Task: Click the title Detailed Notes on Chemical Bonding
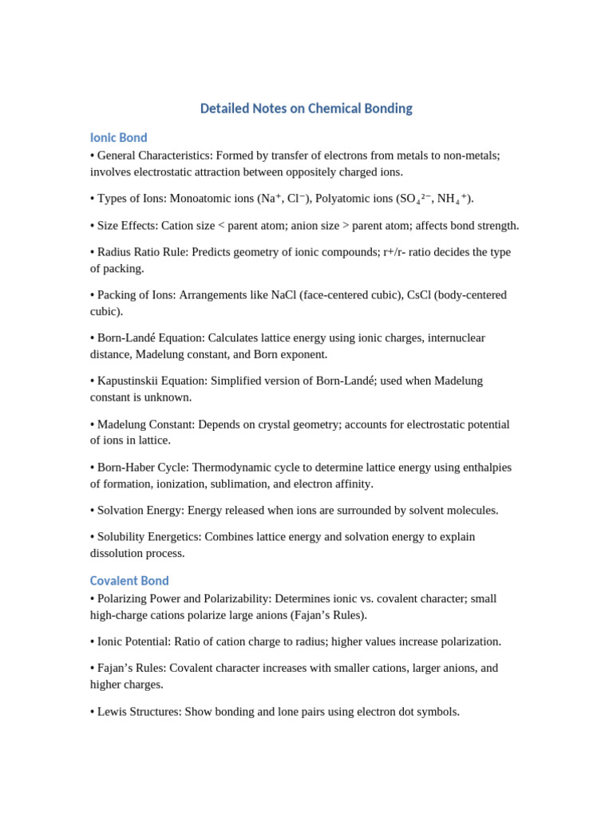pos(306,109)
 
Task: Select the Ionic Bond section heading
pos(118,138)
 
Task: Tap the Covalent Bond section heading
pos(129,581)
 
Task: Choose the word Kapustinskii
pos(129,381)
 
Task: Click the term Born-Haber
pos(129,468)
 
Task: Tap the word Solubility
pos(121,537)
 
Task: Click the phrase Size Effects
pos(125,226)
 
